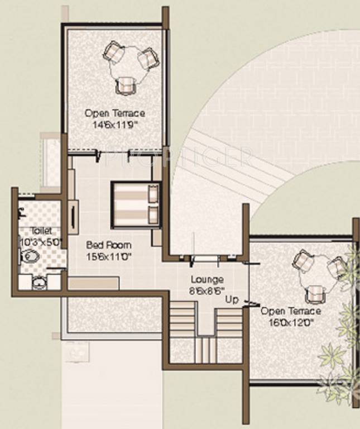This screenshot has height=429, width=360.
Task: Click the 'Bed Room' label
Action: coord(109,245)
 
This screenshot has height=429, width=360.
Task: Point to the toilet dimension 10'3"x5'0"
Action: coord(41,242)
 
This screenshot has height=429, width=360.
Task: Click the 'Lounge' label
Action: coord(207,279)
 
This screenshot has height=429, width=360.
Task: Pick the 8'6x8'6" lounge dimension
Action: coord(207,290)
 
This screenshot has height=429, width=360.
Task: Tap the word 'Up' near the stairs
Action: coord(232,300)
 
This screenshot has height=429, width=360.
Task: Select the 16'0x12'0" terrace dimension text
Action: coord(290,322)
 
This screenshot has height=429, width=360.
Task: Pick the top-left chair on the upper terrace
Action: coord(114,53)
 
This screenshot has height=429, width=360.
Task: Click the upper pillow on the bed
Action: coord(152,194)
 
